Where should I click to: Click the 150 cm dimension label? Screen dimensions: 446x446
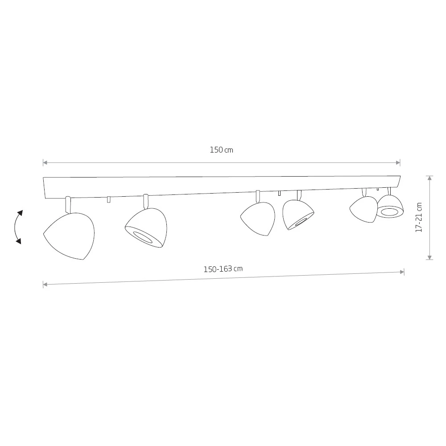(x=222, y=150)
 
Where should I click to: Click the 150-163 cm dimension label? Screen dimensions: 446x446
(x=223, y=269)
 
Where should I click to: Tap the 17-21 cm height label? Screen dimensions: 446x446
(x=419, y=218)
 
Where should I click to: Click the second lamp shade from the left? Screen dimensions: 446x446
(x=146, y=228)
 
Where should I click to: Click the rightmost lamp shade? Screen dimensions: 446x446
(x=390, y=206)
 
